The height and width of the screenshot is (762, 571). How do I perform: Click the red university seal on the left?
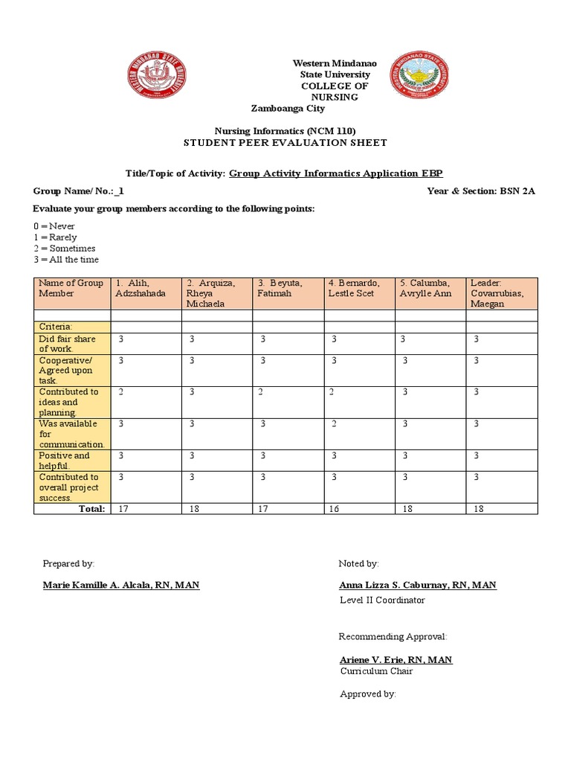[x=156, y=76]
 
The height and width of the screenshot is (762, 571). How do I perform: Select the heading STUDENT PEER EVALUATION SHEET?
[x=285, y=143]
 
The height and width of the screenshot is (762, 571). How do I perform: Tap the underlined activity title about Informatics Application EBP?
[x=335, y=173]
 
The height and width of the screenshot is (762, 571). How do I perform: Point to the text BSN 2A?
[x=517, y=191]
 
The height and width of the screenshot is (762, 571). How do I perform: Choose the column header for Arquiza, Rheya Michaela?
[x=217, y=293]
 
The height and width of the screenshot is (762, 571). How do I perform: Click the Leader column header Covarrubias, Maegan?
[x=502, y=293]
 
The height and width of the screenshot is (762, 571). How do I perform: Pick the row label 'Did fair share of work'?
[x=71, y=344]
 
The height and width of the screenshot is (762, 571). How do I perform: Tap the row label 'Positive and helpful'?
[x=71, y=461]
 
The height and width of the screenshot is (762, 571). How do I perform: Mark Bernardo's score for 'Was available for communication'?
[x=335, y=424]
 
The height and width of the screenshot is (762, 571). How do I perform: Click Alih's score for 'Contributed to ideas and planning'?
[x=121, y=392]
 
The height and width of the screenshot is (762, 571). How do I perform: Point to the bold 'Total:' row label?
[x=91, y=509]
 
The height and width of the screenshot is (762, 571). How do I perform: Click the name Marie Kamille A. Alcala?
[x=121, y=586]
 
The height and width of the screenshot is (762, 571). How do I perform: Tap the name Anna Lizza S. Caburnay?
[x=417, y=586]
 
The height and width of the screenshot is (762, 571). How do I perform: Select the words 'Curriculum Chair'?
[x=376, y=671]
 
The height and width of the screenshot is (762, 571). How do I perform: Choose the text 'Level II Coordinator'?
[x=382, y=600]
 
